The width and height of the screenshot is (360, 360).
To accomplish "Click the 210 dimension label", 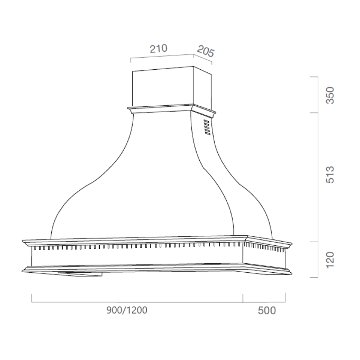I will (x=158, y=49).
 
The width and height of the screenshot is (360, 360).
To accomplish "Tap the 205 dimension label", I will (x=205, y=51).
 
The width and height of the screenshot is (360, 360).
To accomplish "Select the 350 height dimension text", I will (x=331, y=95).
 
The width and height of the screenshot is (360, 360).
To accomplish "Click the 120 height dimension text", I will (x=331, y=260).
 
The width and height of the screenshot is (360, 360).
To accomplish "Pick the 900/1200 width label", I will (x=127, y=310).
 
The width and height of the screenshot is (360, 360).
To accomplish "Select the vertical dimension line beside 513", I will (x=319, y=177).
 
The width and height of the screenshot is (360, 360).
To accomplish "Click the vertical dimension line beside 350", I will (x=319, y=95).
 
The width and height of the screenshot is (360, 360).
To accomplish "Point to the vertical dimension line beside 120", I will (x=319, y=260).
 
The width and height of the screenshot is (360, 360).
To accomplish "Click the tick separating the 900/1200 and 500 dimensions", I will (x=243, y=297).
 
